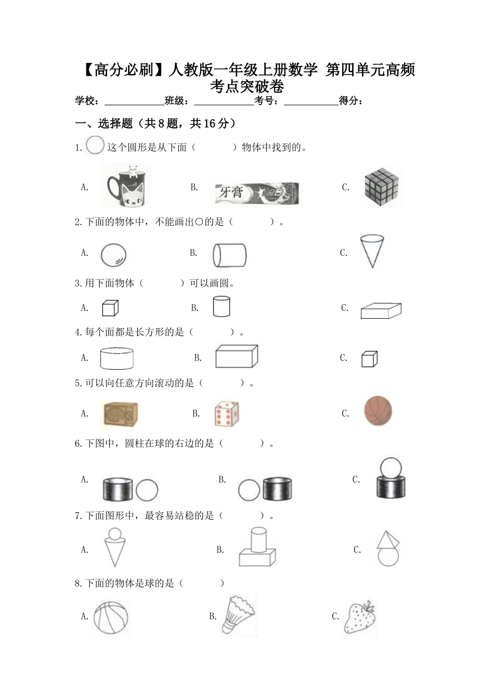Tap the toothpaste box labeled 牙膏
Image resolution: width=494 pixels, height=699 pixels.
pyautogui.click(x=257, y=193)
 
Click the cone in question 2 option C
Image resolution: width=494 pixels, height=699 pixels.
pyautogui.click(x=372, y=251)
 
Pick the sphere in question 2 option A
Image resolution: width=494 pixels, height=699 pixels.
pyautogui.click(x=113, y=255)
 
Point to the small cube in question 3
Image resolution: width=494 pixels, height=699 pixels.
pyautogui.click(x=110, y=308)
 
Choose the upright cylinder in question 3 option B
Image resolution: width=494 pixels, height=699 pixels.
pyautogui.click(x=222, y=306)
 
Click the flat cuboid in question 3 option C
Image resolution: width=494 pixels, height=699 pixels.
pyautogui.click(x=381, y=310)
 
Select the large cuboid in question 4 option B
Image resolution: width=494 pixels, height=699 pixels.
pyautogui.click(x=237, y=356)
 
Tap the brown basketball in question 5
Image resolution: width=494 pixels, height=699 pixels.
pyautogui.click(x=378, y=411)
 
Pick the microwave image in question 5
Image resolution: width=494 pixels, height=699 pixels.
pyautogui.click(x=120, y=415)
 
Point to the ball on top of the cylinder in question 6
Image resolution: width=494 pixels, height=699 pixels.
pyautogui.click(x=391, y=467)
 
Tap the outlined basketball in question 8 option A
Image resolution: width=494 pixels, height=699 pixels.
pyautogui.click(x=111, y=617)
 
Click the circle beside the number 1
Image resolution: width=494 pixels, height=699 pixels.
pyautogui.click(x=95, y=145)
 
